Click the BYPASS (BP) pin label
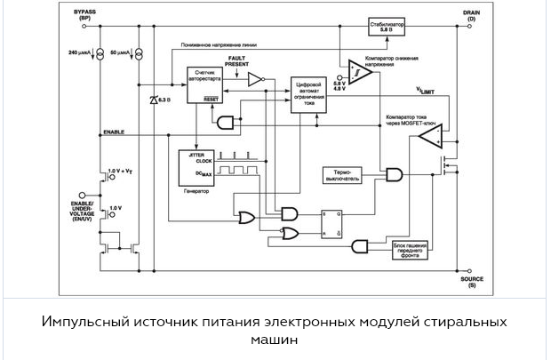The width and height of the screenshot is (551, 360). click(x=80, y=12)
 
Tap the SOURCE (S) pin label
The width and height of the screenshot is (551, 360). click(x=471, y=282)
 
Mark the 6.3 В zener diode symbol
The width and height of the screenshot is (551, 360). click(x=155, y=98)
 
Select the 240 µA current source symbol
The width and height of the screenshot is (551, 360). click(x=102, y=55)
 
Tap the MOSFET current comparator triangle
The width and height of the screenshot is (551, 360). click(x=431, y=137)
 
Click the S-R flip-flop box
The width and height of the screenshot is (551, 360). click(x=331, y=224)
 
